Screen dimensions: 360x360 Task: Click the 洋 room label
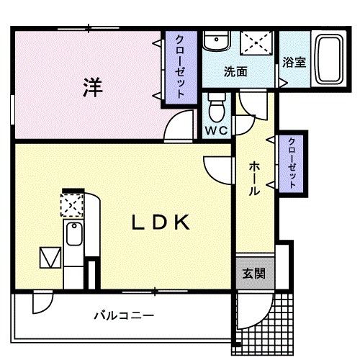coord(92,88)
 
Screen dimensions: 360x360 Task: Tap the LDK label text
coord(160,222)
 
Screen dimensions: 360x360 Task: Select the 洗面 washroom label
coord(235,72)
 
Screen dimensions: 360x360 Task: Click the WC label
coord(217,131)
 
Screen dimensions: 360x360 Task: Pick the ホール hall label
coord(254,179)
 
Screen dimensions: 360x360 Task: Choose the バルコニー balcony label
coord(123,315)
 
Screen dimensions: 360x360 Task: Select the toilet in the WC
coord(216,109)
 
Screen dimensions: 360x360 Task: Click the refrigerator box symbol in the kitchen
coord(51,258)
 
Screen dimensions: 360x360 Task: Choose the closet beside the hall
coord(293,163)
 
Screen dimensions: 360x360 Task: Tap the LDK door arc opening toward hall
coord(217,168)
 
